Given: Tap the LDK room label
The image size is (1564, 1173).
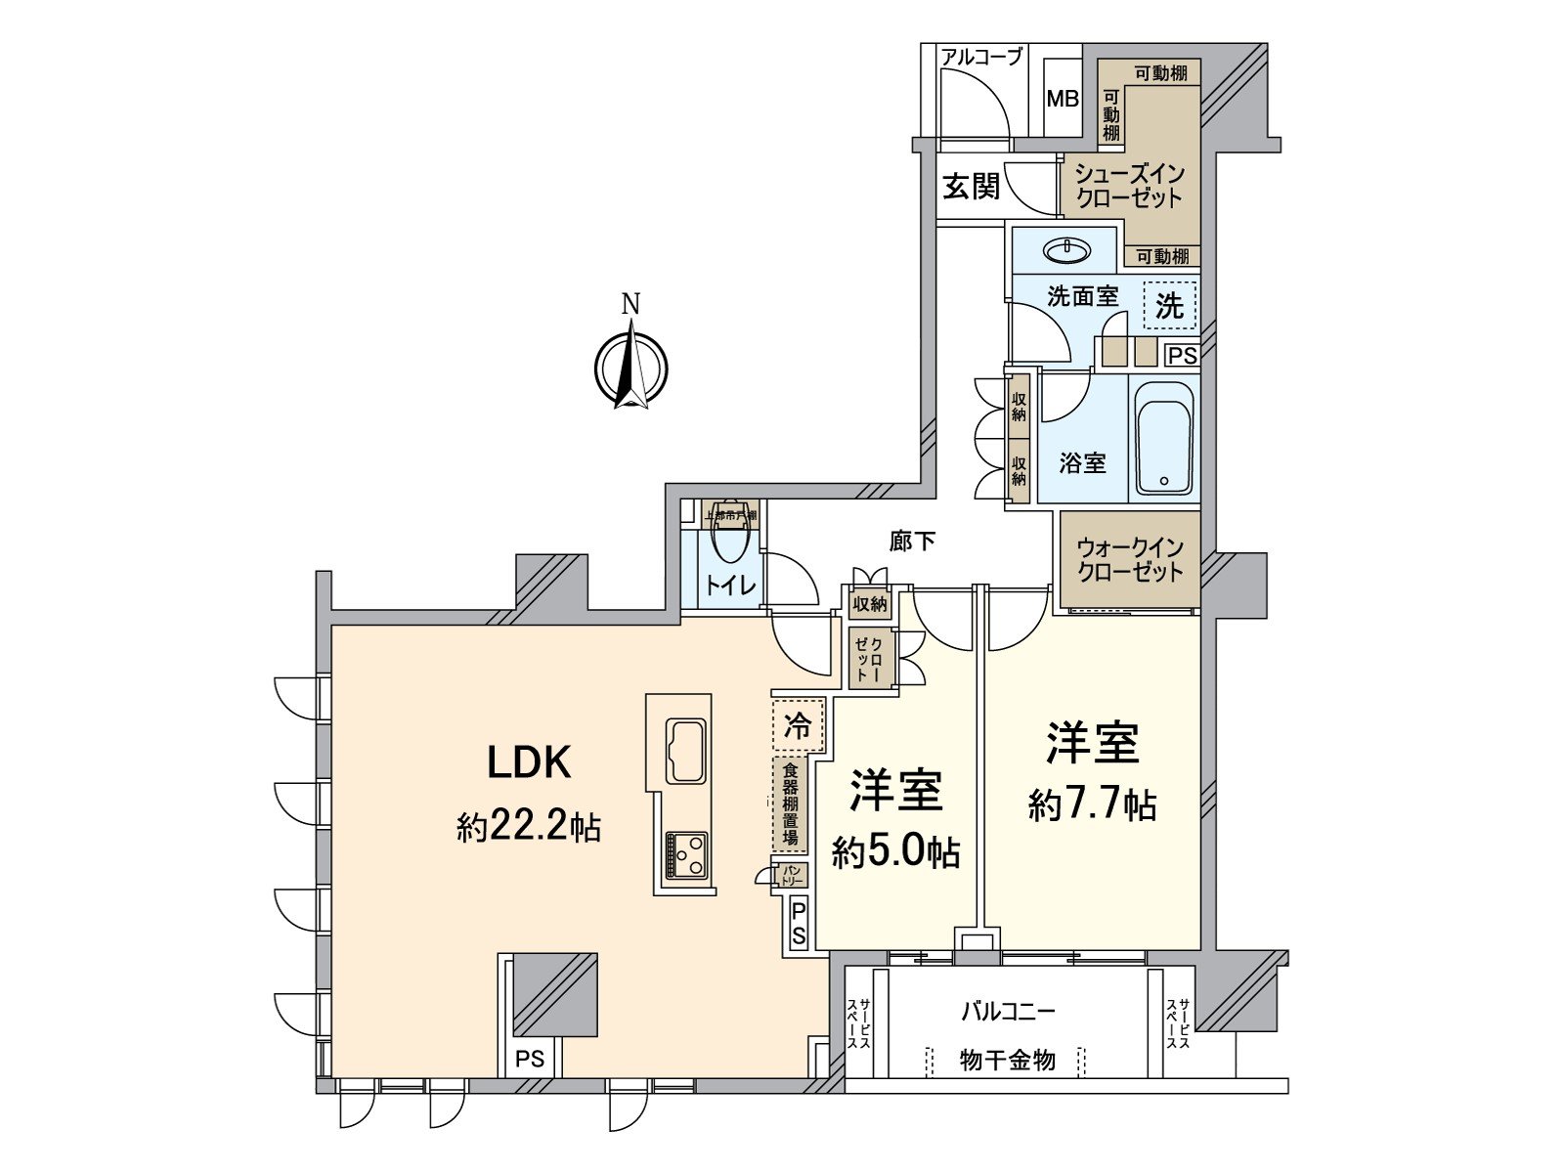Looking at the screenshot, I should click(x=529, y=762).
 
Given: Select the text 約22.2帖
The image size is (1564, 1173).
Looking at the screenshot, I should click(x=529, y=828).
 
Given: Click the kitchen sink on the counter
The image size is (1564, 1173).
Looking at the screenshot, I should click(x=685, y=750).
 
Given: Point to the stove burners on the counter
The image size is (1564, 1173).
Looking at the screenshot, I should click(x=685, y=855).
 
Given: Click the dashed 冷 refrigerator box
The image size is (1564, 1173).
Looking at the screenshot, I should click(x=799, y=725).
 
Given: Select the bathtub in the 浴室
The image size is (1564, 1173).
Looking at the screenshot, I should click(x=1162, y=437).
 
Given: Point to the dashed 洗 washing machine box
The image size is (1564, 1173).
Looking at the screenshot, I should click(x=1169, y=306).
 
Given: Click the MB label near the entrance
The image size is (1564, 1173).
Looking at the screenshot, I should click(x=1063, y=99).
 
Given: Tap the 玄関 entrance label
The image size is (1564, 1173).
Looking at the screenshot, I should click(x=971, y=187).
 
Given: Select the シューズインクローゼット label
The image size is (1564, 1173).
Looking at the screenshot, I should click(x=1129, y=186).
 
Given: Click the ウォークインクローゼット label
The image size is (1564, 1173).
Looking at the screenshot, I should click(x=1129, y=560).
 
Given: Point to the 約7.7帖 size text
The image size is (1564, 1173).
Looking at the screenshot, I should click(x=1092, y=805).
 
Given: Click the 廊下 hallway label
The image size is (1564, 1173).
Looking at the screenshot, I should click(x=912, y=541).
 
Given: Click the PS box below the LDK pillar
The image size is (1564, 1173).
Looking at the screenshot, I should click(x=530, y=1059).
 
